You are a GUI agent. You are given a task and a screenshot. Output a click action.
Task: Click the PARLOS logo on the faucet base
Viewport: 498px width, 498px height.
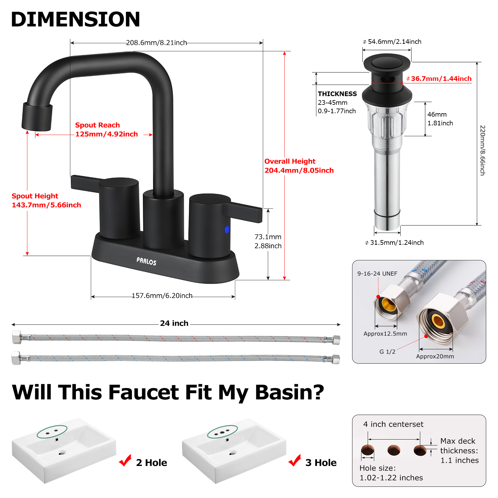[146, 261]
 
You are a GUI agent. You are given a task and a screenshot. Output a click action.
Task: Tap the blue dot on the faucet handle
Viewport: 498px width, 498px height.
[227, 230]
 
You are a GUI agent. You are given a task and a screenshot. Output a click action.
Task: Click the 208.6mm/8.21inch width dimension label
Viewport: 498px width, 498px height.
[156, 43]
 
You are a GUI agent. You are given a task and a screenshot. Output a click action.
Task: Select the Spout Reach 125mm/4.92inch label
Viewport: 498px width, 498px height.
[106, 130]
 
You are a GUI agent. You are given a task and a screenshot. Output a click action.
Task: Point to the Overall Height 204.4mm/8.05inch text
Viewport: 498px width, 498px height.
[299, 166]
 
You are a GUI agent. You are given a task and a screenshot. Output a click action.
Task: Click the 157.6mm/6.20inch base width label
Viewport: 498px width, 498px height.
[162, 296]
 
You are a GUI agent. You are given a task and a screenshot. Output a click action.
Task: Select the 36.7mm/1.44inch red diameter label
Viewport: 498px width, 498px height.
[441, 79]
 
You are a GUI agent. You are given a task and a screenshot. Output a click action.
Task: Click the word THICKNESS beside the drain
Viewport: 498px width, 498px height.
[337, 94]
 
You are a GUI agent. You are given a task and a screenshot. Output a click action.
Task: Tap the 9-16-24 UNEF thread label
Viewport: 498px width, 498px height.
[377, 274]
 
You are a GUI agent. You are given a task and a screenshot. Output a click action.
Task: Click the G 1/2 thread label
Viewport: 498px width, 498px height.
[387, 352]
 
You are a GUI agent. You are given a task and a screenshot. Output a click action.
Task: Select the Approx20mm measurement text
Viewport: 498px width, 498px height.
[435, 356]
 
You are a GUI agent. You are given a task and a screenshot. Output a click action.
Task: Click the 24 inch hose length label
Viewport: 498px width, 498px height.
[174, 323]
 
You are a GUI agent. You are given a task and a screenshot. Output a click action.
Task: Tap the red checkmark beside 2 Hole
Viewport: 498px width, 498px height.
[125, 461]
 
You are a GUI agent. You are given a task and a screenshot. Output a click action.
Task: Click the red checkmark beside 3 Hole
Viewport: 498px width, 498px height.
[295, 461]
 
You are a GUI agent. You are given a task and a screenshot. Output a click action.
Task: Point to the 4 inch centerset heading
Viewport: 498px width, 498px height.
[393, 424]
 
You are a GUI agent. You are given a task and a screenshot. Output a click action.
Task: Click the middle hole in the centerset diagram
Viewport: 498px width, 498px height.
[394, 450]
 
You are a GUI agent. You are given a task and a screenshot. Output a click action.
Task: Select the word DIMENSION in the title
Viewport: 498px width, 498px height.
[76, 19]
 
